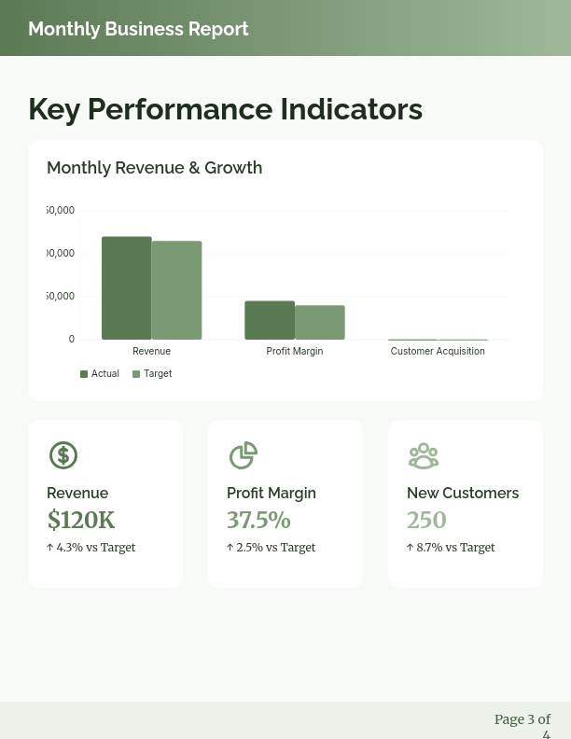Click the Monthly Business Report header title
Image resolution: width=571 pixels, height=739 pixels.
point(138,29)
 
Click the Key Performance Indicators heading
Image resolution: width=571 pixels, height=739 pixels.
point(225,109)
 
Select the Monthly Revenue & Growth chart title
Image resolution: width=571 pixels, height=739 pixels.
point(154,168)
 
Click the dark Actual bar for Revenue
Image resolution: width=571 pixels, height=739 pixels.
point(126,288)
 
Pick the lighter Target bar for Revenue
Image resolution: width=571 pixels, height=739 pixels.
point(176,290)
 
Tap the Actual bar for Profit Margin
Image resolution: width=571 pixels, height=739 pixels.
point(270,320)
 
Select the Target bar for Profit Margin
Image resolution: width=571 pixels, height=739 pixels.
point(320,323)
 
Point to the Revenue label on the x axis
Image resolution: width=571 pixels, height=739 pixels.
point(151,352)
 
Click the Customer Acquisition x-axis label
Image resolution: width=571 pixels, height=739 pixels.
point(438,352)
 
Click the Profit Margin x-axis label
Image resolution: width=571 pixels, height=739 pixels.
point(295,352)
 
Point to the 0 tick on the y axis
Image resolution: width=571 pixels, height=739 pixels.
point(71,340)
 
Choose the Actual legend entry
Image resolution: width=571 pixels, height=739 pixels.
point(100,374)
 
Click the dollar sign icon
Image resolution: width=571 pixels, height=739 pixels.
point(63,455)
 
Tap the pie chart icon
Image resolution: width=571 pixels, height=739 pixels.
point(243,455)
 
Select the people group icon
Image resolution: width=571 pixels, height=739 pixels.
point(423,455)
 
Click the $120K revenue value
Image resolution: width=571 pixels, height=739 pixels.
point(81,521)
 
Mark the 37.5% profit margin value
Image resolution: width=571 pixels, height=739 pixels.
point(258,521)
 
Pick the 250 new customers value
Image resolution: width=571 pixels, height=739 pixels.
point(426,521)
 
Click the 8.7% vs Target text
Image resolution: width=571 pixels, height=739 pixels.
point(451,548)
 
